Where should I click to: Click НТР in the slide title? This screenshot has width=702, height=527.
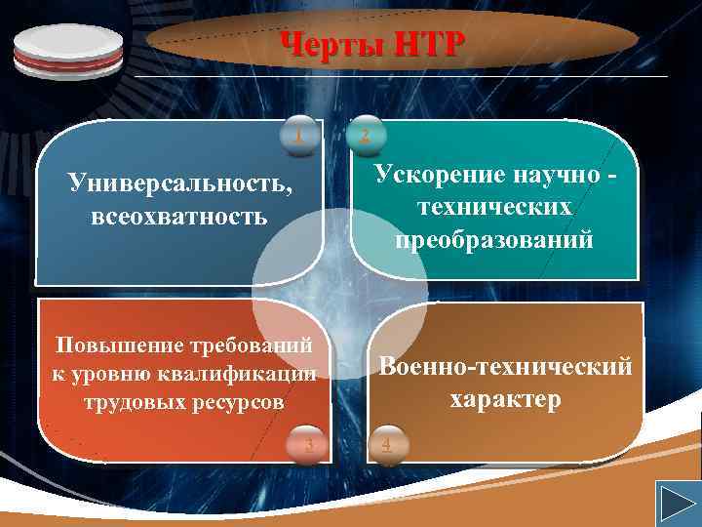(427, 44)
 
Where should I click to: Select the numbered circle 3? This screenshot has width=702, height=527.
(309, 445)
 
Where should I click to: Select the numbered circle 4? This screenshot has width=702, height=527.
(386, 445)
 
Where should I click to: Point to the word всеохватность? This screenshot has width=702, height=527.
(179, 215)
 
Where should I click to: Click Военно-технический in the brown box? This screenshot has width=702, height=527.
(505, 367)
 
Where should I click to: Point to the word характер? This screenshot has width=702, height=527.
(505, 399)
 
